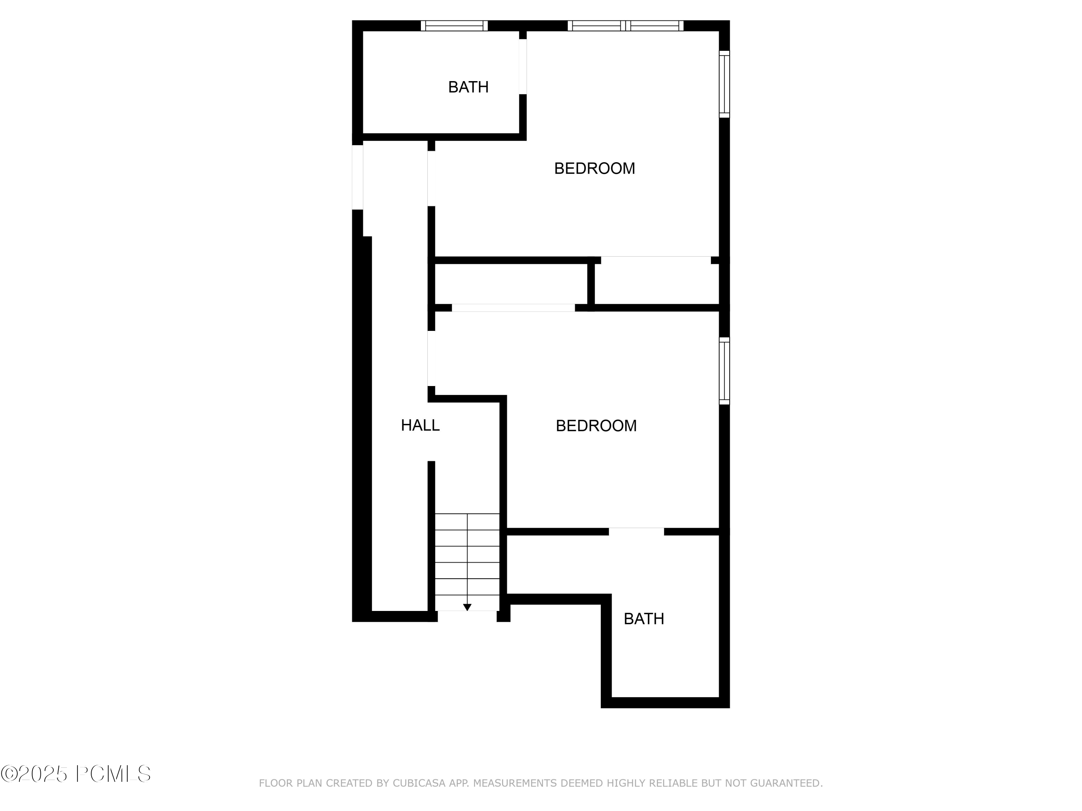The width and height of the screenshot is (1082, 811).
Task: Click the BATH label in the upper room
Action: (468, 87)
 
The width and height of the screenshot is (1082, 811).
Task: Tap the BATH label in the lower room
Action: (644, 619)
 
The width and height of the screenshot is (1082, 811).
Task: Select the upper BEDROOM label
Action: (594, 168)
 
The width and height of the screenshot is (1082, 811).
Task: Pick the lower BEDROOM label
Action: (596, 426)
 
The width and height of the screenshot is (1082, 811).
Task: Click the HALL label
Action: (420, 425)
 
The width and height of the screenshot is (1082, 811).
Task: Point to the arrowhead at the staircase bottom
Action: (467, 607)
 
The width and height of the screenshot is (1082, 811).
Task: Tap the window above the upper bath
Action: (454, 26)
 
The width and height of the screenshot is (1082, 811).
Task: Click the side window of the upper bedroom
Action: (724, 84)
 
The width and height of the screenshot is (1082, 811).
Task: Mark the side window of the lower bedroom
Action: (724, 371)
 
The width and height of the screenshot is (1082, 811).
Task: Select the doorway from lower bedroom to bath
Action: (636, 531)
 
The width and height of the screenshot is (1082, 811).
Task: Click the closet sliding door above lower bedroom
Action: (513, 308)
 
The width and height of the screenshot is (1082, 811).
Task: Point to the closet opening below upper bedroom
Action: (655, 259)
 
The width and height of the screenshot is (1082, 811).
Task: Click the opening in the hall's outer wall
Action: (357, 177)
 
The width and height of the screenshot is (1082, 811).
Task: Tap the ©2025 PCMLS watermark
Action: (76, 774)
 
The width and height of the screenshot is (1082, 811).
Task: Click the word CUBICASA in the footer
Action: (419, 783)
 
